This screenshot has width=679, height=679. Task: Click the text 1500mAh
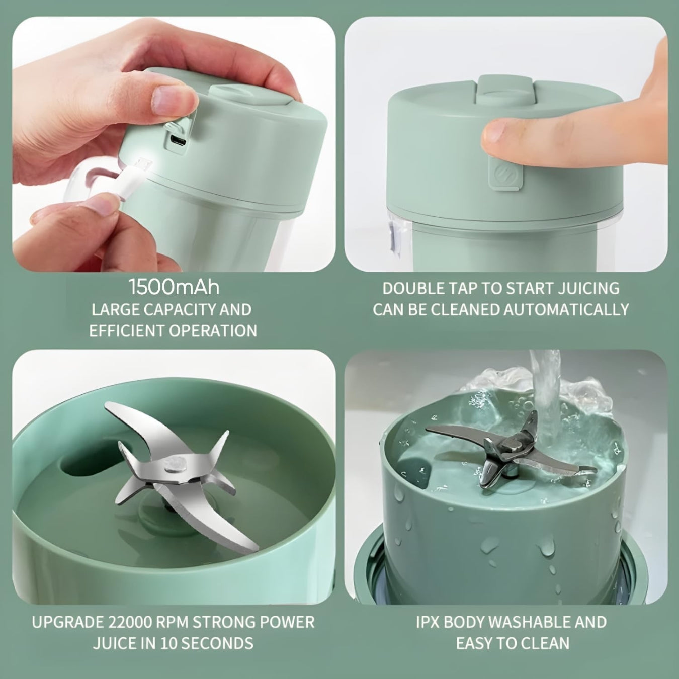(174, 288)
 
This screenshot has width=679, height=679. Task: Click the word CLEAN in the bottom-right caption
(547, 643)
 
